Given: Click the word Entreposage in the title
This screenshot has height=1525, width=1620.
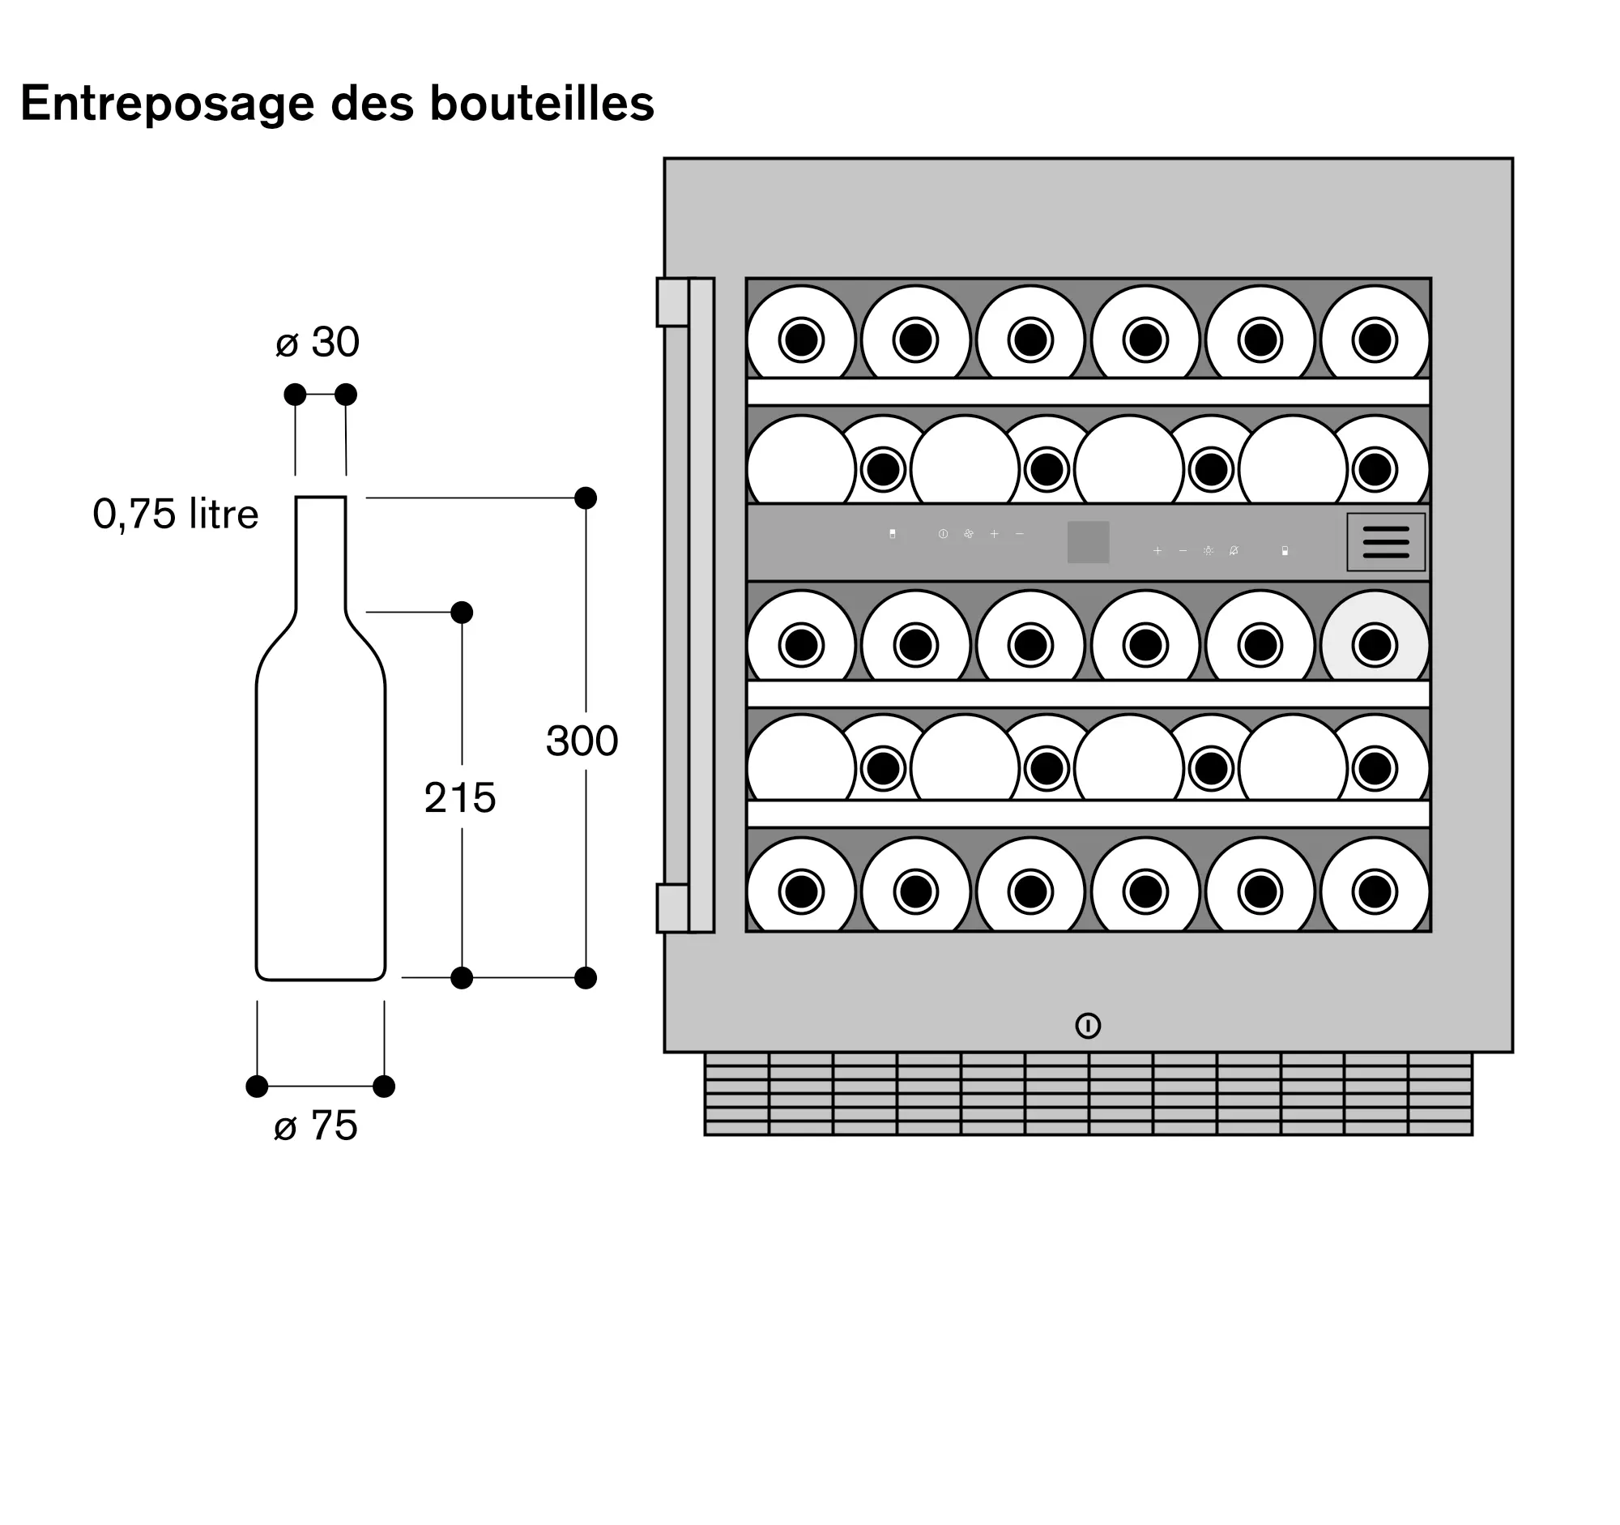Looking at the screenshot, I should tap(167, 105).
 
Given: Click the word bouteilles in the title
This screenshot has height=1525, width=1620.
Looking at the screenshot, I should tap(541, 105).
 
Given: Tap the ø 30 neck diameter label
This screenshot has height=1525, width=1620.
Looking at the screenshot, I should tap(318, 342).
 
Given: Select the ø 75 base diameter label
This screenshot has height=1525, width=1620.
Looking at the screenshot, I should tap(316, 1126).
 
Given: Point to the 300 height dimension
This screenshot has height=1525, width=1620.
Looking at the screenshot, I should tap(582, 741).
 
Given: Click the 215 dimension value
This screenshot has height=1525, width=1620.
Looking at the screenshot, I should tap(459, 797).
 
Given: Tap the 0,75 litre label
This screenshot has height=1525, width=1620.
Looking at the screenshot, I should tap(175, 514).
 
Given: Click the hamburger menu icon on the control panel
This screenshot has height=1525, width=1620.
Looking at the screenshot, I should tap(1385, 542).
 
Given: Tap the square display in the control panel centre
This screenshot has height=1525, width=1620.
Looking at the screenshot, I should tap(1088, 542).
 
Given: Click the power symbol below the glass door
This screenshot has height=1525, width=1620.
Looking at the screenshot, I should tap(1088, 1025).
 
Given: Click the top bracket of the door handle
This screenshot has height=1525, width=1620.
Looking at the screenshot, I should tap(673, 302).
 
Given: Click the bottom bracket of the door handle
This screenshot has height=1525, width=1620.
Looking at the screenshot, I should tap(673, 908).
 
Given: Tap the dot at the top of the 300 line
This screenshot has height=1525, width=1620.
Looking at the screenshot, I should tap(585, 498).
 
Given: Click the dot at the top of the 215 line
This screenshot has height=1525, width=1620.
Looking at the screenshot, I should tap(461, 612).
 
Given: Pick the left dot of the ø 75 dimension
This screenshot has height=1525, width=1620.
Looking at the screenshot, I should tap(257, 1087).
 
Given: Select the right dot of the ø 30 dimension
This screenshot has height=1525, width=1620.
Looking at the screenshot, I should tap(346, 395).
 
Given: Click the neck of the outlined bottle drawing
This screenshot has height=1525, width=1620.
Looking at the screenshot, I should tap(320, 554).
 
